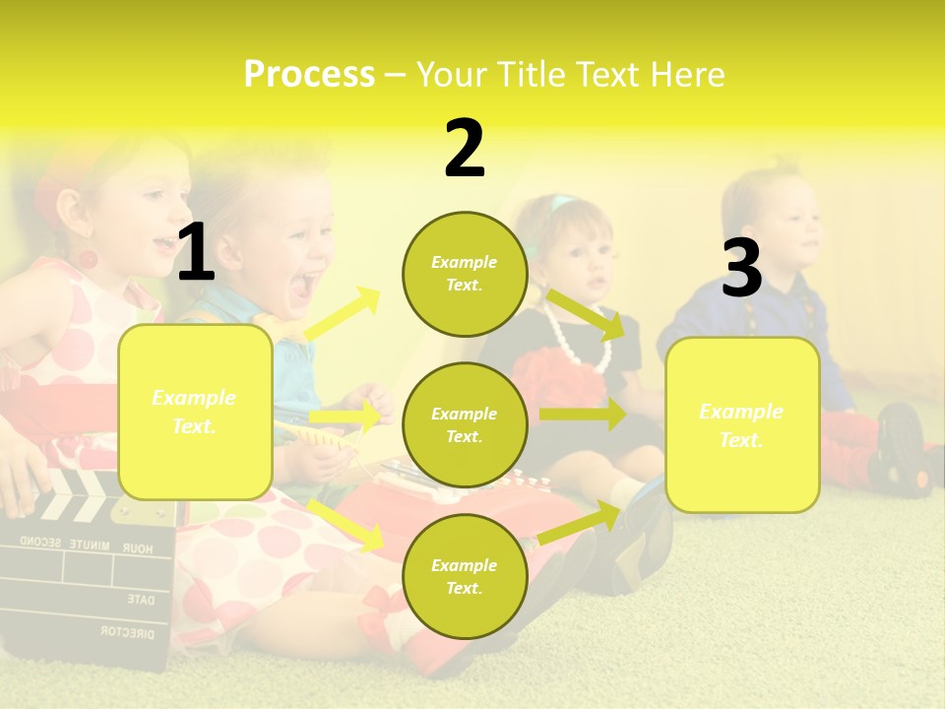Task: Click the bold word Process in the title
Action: [x=309, y=75]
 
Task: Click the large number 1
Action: [x=196, y=253]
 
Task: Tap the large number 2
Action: [x=465, y=150]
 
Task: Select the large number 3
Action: [x=741, y=269]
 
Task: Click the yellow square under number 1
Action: [x=195, y=412]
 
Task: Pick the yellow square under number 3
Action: [x=742, y=424]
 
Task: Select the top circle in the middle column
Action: [x=464, y=274]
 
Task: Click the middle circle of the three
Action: [x=464, y=424]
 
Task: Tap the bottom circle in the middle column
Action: [x=464, y=576]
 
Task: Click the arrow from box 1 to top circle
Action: [x=343, y=314]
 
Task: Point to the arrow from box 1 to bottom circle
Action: [x=346, y=524]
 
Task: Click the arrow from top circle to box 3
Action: [x=587, y=314]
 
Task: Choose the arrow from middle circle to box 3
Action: [x=583, y=415]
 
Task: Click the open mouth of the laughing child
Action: [x=302, y=286]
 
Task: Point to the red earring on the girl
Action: [x=88, y=260]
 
